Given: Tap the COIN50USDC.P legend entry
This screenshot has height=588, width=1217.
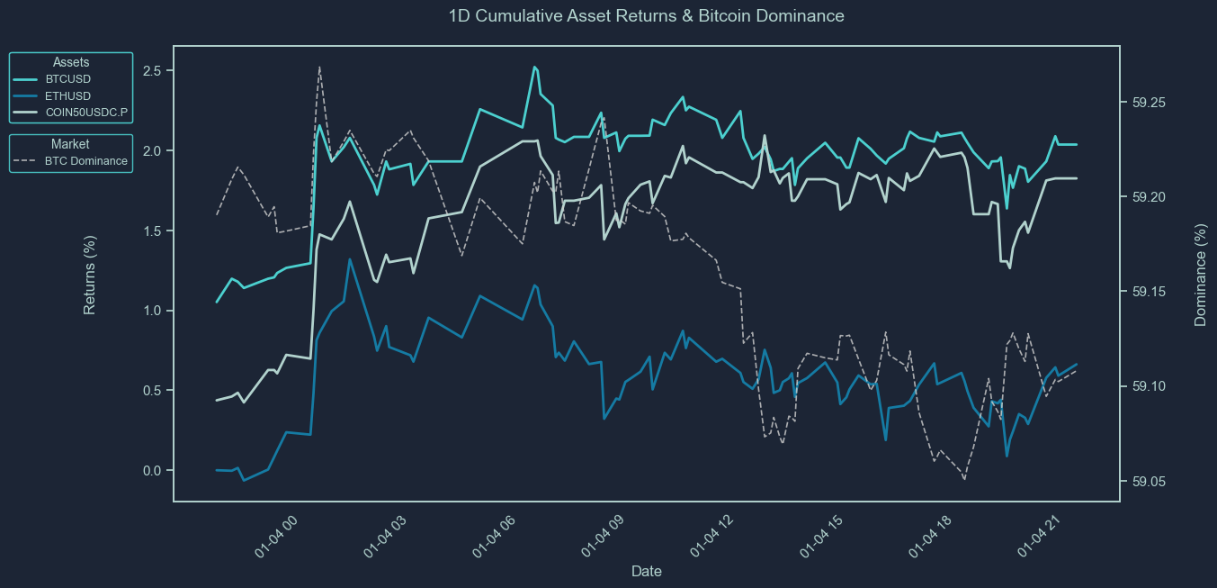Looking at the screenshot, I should (86, 113).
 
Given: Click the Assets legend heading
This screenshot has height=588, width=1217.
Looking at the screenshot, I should (71, 62).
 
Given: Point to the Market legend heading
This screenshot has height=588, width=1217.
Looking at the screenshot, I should (70, 144).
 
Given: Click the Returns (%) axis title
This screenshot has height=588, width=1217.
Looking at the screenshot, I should (90, 275).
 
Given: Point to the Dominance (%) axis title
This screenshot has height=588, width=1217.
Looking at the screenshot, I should (1200, 275).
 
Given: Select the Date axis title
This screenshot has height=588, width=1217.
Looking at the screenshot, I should (647, 571).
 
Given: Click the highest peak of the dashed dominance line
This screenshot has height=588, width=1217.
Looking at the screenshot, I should (319, 67).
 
